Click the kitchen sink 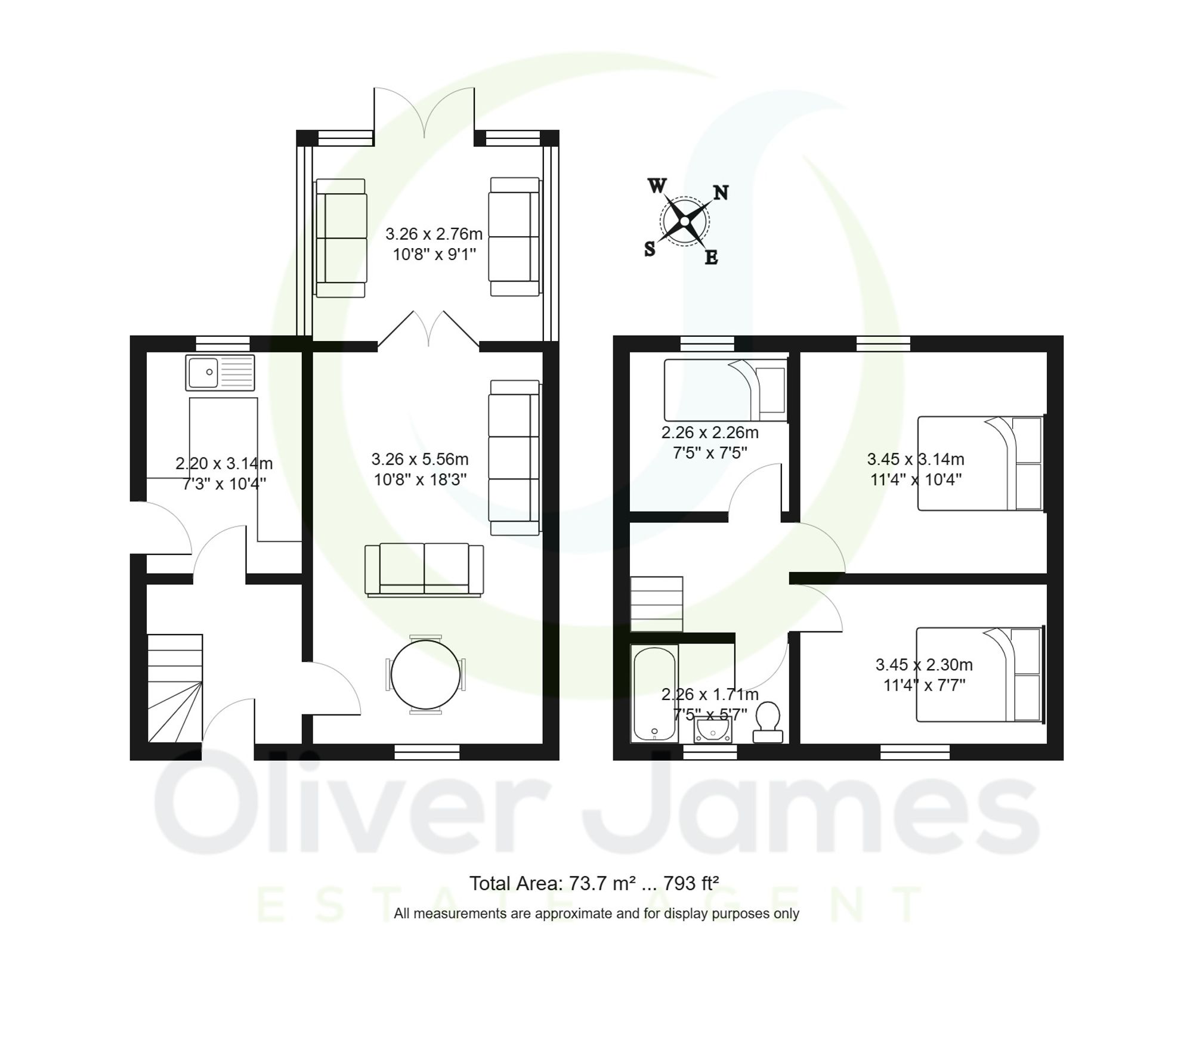220,373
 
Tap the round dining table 425,675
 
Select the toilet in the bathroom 768,722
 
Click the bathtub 654,693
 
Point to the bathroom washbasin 713,730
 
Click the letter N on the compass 721,193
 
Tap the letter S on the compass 650,249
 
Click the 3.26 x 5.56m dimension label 419,459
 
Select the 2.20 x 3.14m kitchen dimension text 224,463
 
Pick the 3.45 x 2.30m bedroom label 923,664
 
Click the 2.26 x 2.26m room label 709,433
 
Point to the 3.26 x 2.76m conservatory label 434,234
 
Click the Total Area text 594,883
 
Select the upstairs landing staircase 657,603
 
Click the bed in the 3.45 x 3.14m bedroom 979,463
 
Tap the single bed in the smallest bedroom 724,390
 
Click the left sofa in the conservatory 341,238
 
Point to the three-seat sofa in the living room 514,457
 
